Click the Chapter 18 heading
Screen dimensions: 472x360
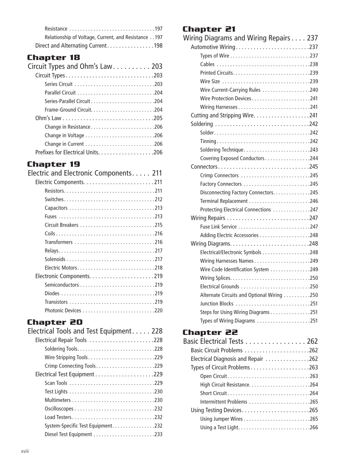pyautogui.click(x=53, y=57)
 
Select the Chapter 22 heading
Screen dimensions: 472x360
pyautogui.click(x=210, y=332)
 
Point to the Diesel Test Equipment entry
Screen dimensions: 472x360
pyautogui.click(x=68, y=434)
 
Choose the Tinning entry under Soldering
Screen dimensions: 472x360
pyautogui.click(x=208, y=141)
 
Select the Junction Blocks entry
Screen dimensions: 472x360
pyautogui.click(x=217, y=303)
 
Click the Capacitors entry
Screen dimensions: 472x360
pyautogui.click(x=56, y=208)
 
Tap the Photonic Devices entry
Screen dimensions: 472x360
pyautogui.click(x=63, y=311)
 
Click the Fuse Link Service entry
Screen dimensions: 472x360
pyautogui.click(x=218, y=227)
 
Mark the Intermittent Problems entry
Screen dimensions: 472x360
pyautogui.click(x=223, y=402)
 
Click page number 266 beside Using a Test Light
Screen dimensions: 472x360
pyautogui.click(x=313, y=427)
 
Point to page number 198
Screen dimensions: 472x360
pyautogui.click(x=158, y=46)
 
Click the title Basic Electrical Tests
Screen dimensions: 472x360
pyautogui.click(x=213, y=341)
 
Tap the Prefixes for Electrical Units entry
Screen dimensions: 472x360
pyautogui.click(x=67, y=152)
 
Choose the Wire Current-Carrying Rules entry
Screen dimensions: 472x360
pyautogui.click(x=230, y=90)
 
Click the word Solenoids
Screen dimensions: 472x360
pyautogui.click(x=55, y=259)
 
